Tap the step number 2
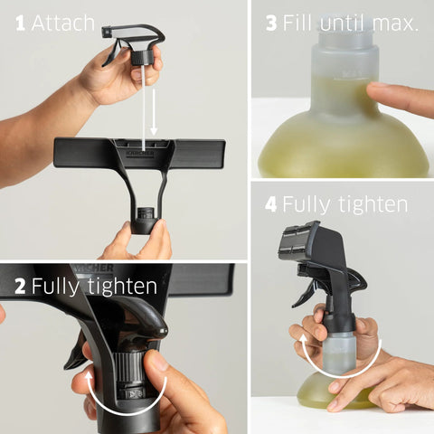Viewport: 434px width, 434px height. (x=20, y=288)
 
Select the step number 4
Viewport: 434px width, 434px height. (x=270, y=204)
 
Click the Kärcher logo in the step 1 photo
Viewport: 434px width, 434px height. (x=140, y=154)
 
